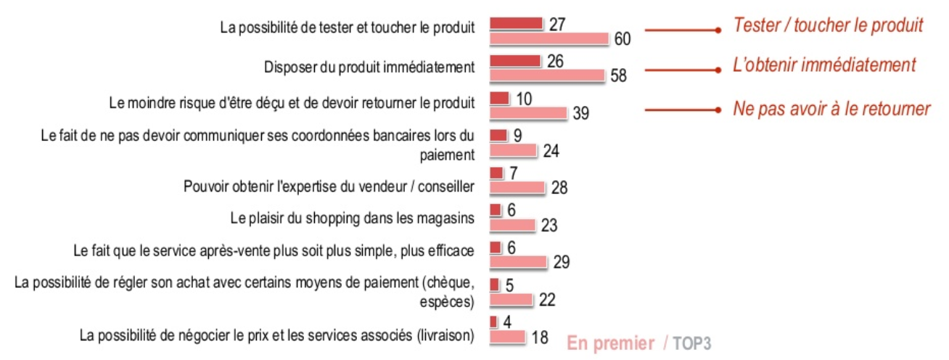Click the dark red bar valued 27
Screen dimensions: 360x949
point(517,24)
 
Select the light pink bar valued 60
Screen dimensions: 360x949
point(549,38)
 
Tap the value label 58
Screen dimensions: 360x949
point(619,75)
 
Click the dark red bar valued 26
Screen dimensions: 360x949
point(515,61)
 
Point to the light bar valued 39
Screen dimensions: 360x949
point(527,112)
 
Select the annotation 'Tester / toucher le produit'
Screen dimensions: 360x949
point(828,25)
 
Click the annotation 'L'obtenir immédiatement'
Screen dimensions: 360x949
point(824,65)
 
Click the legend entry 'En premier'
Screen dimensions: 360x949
point(610,343)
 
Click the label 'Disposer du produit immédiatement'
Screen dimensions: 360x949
point(369,67)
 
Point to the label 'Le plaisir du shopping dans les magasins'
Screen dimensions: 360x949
point(352,216)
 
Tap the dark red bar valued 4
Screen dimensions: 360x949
point(494,322)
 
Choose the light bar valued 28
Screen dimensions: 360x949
point(517,187)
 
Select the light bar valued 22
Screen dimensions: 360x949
point(512,299)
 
